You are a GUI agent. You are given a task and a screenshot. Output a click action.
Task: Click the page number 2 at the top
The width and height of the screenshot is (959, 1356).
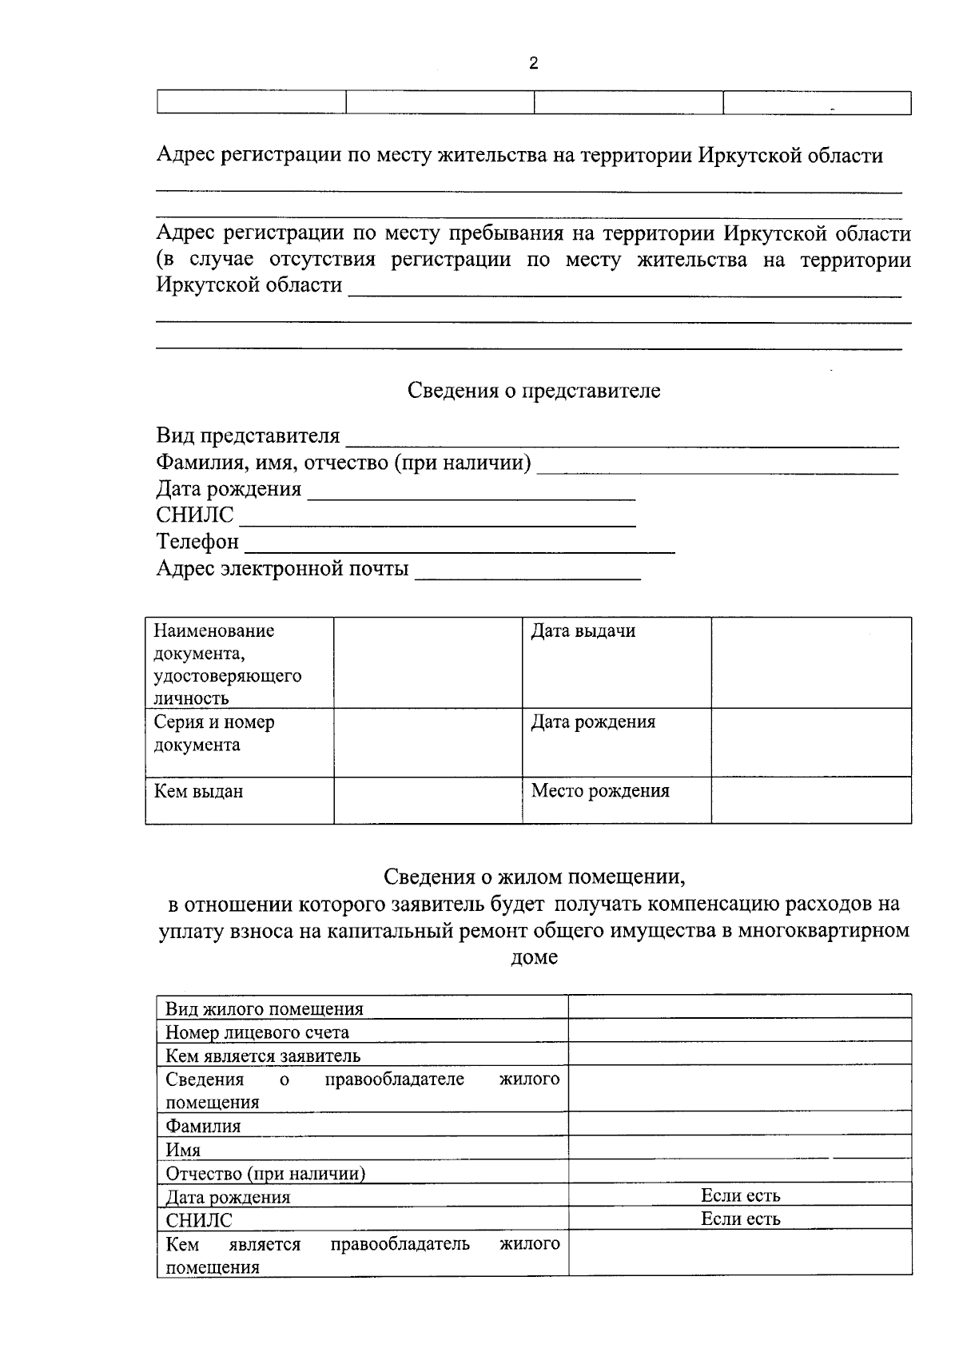tap(534, 64)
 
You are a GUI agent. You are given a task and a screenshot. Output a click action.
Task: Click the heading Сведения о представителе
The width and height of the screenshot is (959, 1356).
tap(534, 391)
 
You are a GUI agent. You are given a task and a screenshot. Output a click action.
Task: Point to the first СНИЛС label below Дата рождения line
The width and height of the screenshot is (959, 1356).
tap(195, 515)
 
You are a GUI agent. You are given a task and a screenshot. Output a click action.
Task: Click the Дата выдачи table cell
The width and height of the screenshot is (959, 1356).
tap(583, 631)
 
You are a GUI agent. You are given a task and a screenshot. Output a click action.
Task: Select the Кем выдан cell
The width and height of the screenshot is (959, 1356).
tap(199, 792)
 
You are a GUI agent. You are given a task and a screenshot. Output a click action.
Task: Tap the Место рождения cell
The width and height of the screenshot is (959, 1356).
tap(600, 791)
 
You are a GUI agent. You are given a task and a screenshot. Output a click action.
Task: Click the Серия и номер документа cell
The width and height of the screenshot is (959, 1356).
tap(214, 734)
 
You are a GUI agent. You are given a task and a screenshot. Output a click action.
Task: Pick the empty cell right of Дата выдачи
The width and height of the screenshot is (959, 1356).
tap(810, 662)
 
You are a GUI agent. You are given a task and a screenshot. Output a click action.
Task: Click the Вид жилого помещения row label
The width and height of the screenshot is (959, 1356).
tap(264, 1008)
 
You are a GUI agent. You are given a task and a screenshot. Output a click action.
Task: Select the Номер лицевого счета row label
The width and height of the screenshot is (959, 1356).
tap(257, 1032)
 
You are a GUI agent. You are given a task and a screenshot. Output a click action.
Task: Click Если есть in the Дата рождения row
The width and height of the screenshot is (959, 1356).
tap(740, 1195)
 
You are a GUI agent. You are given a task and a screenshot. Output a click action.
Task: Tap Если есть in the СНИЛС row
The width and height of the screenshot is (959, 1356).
tap(740, 1219)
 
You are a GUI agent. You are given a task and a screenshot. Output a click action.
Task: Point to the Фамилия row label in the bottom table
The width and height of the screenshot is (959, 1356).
tap(203, 1126)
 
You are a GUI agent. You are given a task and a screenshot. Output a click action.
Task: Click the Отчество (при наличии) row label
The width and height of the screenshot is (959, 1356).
tap(265, 1173)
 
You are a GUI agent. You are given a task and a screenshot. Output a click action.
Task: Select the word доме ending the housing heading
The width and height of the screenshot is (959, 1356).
tap(534, 956)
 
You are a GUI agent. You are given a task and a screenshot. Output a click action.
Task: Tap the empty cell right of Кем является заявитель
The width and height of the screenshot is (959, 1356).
tap(740, 1055)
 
